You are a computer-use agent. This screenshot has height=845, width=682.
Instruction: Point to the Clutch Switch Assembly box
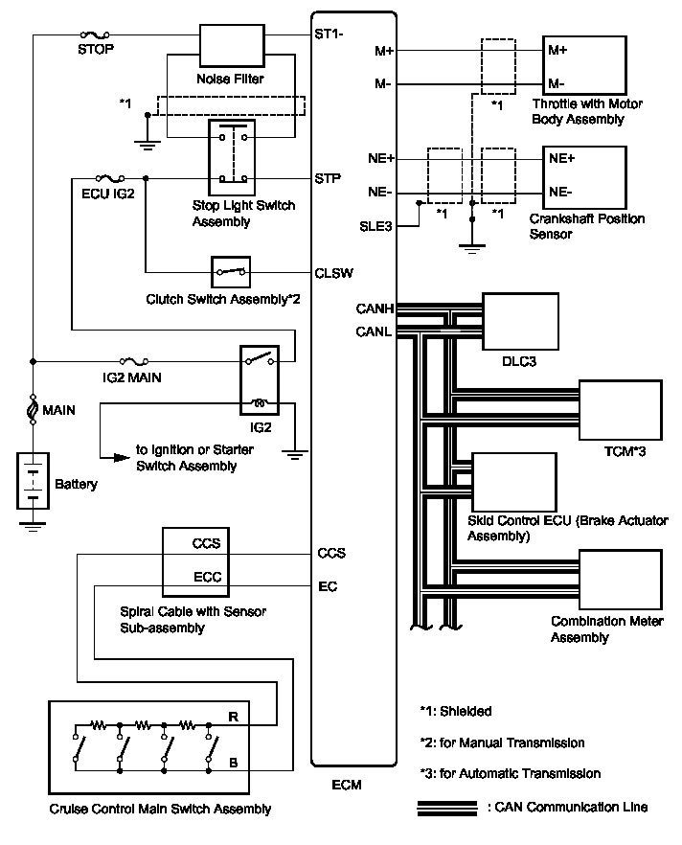[230, 271]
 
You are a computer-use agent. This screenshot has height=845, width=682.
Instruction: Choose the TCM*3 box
[621, 410]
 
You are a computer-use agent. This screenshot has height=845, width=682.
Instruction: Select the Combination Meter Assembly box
[621, 581]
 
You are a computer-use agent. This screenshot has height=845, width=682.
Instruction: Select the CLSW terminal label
[332, 272]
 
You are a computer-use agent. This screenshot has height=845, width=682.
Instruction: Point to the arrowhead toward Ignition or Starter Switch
[121, 457]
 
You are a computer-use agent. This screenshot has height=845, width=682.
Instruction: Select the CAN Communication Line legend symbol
[448, 807]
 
